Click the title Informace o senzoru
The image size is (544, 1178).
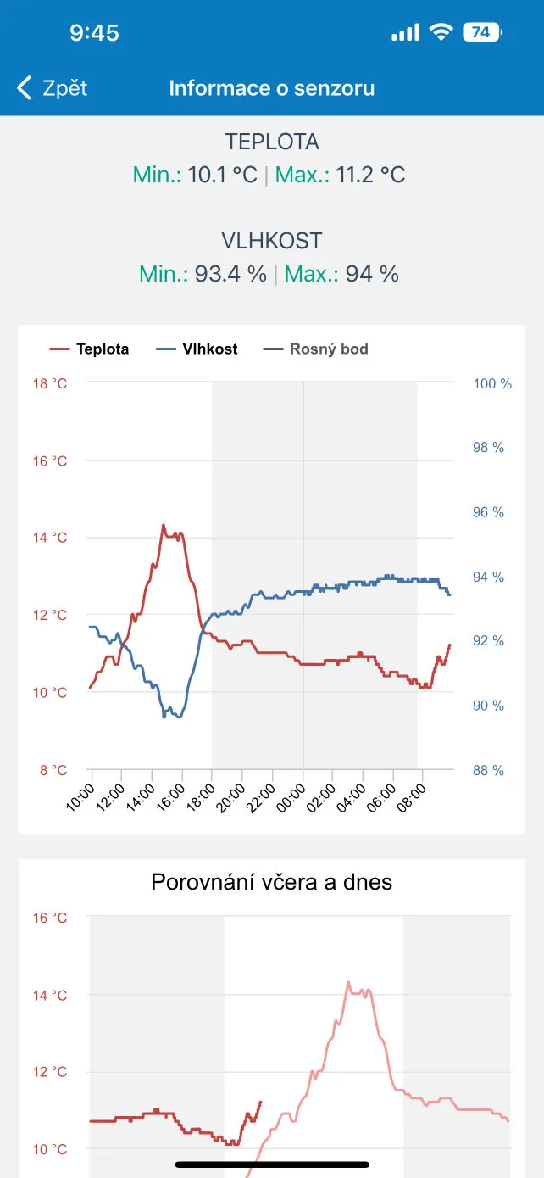click(271, 88)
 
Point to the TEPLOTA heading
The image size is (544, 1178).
click(271, 142)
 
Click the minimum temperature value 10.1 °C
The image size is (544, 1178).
click(222, 176)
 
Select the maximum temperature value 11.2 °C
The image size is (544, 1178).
click(370, 176)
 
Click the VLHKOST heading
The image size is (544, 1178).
click(271, 241)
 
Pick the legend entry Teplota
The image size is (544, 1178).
click(90, 349)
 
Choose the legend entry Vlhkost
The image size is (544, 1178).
click(197, 349)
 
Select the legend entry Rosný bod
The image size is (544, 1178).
click(316, 349)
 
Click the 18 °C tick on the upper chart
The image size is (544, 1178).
click(50, 383)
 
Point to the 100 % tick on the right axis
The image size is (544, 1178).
click(492, 383)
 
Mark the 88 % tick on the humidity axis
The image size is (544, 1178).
click(489, 770)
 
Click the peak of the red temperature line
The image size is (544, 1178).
click(163, 525)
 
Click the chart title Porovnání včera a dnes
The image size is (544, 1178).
click(271, 882)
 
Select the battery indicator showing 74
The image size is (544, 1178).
click(481, 32)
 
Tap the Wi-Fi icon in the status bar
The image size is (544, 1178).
click(441, 32)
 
